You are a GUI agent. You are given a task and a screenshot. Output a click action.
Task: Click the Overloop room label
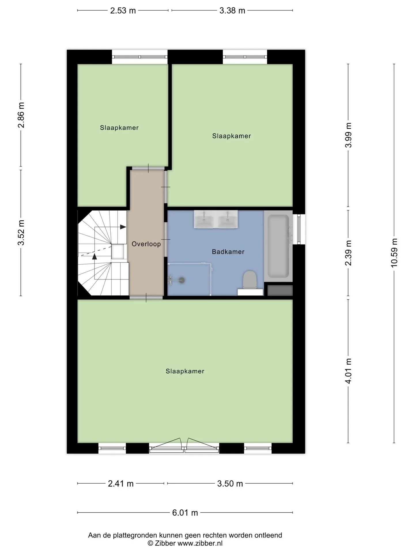pos(146,244)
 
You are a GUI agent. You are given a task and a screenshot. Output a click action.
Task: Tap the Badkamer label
pos(228,252)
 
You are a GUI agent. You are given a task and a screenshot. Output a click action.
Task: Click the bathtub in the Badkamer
pos(278,246)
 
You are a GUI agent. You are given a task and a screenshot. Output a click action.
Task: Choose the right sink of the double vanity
pos(228,219)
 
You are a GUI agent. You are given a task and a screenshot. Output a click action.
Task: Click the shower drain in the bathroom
pos(182,280)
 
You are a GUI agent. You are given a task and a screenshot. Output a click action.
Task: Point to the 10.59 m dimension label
pos(394,253)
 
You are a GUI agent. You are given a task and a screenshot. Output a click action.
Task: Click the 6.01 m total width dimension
pos(185,513)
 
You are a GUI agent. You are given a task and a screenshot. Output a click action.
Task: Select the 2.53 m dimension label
pos(123,11)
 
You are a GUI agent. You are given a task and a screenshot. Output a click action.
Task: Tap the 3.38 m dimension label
pos(232,11)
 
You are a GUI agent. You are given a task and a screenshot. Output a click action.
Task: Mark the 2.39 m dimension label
pos(348,253)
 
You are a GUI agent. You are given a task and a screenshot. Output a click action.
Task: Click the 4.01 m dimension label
pos(348,371)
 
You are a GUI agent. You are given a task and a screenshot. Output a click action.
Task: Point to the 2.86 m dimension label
pos(21,115)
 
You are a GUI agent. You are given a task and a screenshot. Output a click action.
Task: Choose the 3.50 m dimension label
pos(230,484)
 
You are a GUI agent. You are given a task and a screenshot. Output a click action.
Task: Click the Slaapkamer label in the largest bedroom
pos(185,371)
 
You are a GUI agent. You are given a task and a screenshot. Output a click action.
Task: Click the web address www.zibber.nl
pos(200,543)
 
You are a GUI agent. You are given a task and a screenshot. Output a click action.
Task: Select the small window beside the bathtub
pos(299,229)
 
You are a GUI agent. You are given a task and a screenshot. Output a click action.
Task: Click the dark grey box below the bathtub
pos(280,290)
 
